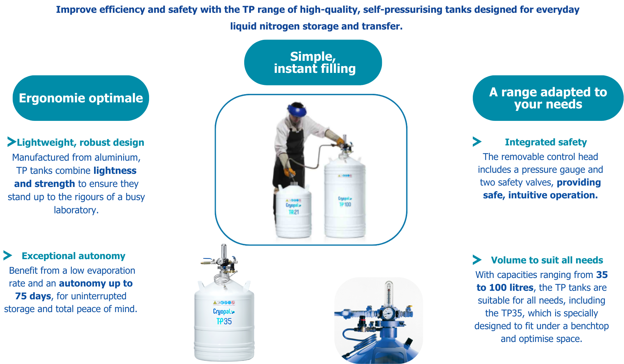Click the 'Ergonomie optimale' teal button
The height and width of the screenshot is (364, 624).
tap(81, 98)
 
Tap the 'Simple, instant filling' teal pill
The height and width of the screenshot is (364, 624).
tap(313, 63)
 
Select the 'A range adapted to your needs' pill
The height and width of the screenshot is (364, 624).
tap(548, 98)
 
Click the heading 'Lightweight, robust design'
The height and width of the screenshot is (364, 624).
tap(81, 143)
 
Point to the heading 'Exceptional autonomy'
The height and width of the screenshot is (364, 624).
tap(73, 256)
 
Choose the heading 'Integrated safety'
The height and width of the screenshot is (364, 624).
tap(546, 142)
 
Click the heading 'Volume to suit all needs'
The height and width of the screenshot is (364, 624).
tap(547, 260)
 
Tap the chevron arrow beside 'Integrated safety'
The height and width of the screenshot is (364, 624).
tap(477, 142)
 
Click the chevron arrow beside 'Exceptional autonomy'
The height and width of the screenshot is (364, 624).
tap(8, 255)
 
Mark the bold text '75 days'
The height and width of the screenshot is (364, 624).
tap(33, 296)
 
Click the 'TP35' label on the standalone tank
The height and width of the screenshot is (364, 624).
tap(224, 321)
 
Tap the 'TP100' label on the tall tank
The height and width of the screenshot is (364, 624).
tap(345, 204)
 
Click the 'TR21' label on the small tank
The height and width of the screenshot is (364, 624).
tap(294, 212)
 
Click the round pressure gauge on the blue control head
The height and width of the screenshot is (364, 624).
tap(388, 313)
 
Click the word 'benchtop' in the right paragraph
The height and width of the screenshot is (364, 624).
tap(590, 326)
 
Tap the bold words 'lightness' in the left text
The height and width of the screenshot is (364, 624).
tap(115, 171)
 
